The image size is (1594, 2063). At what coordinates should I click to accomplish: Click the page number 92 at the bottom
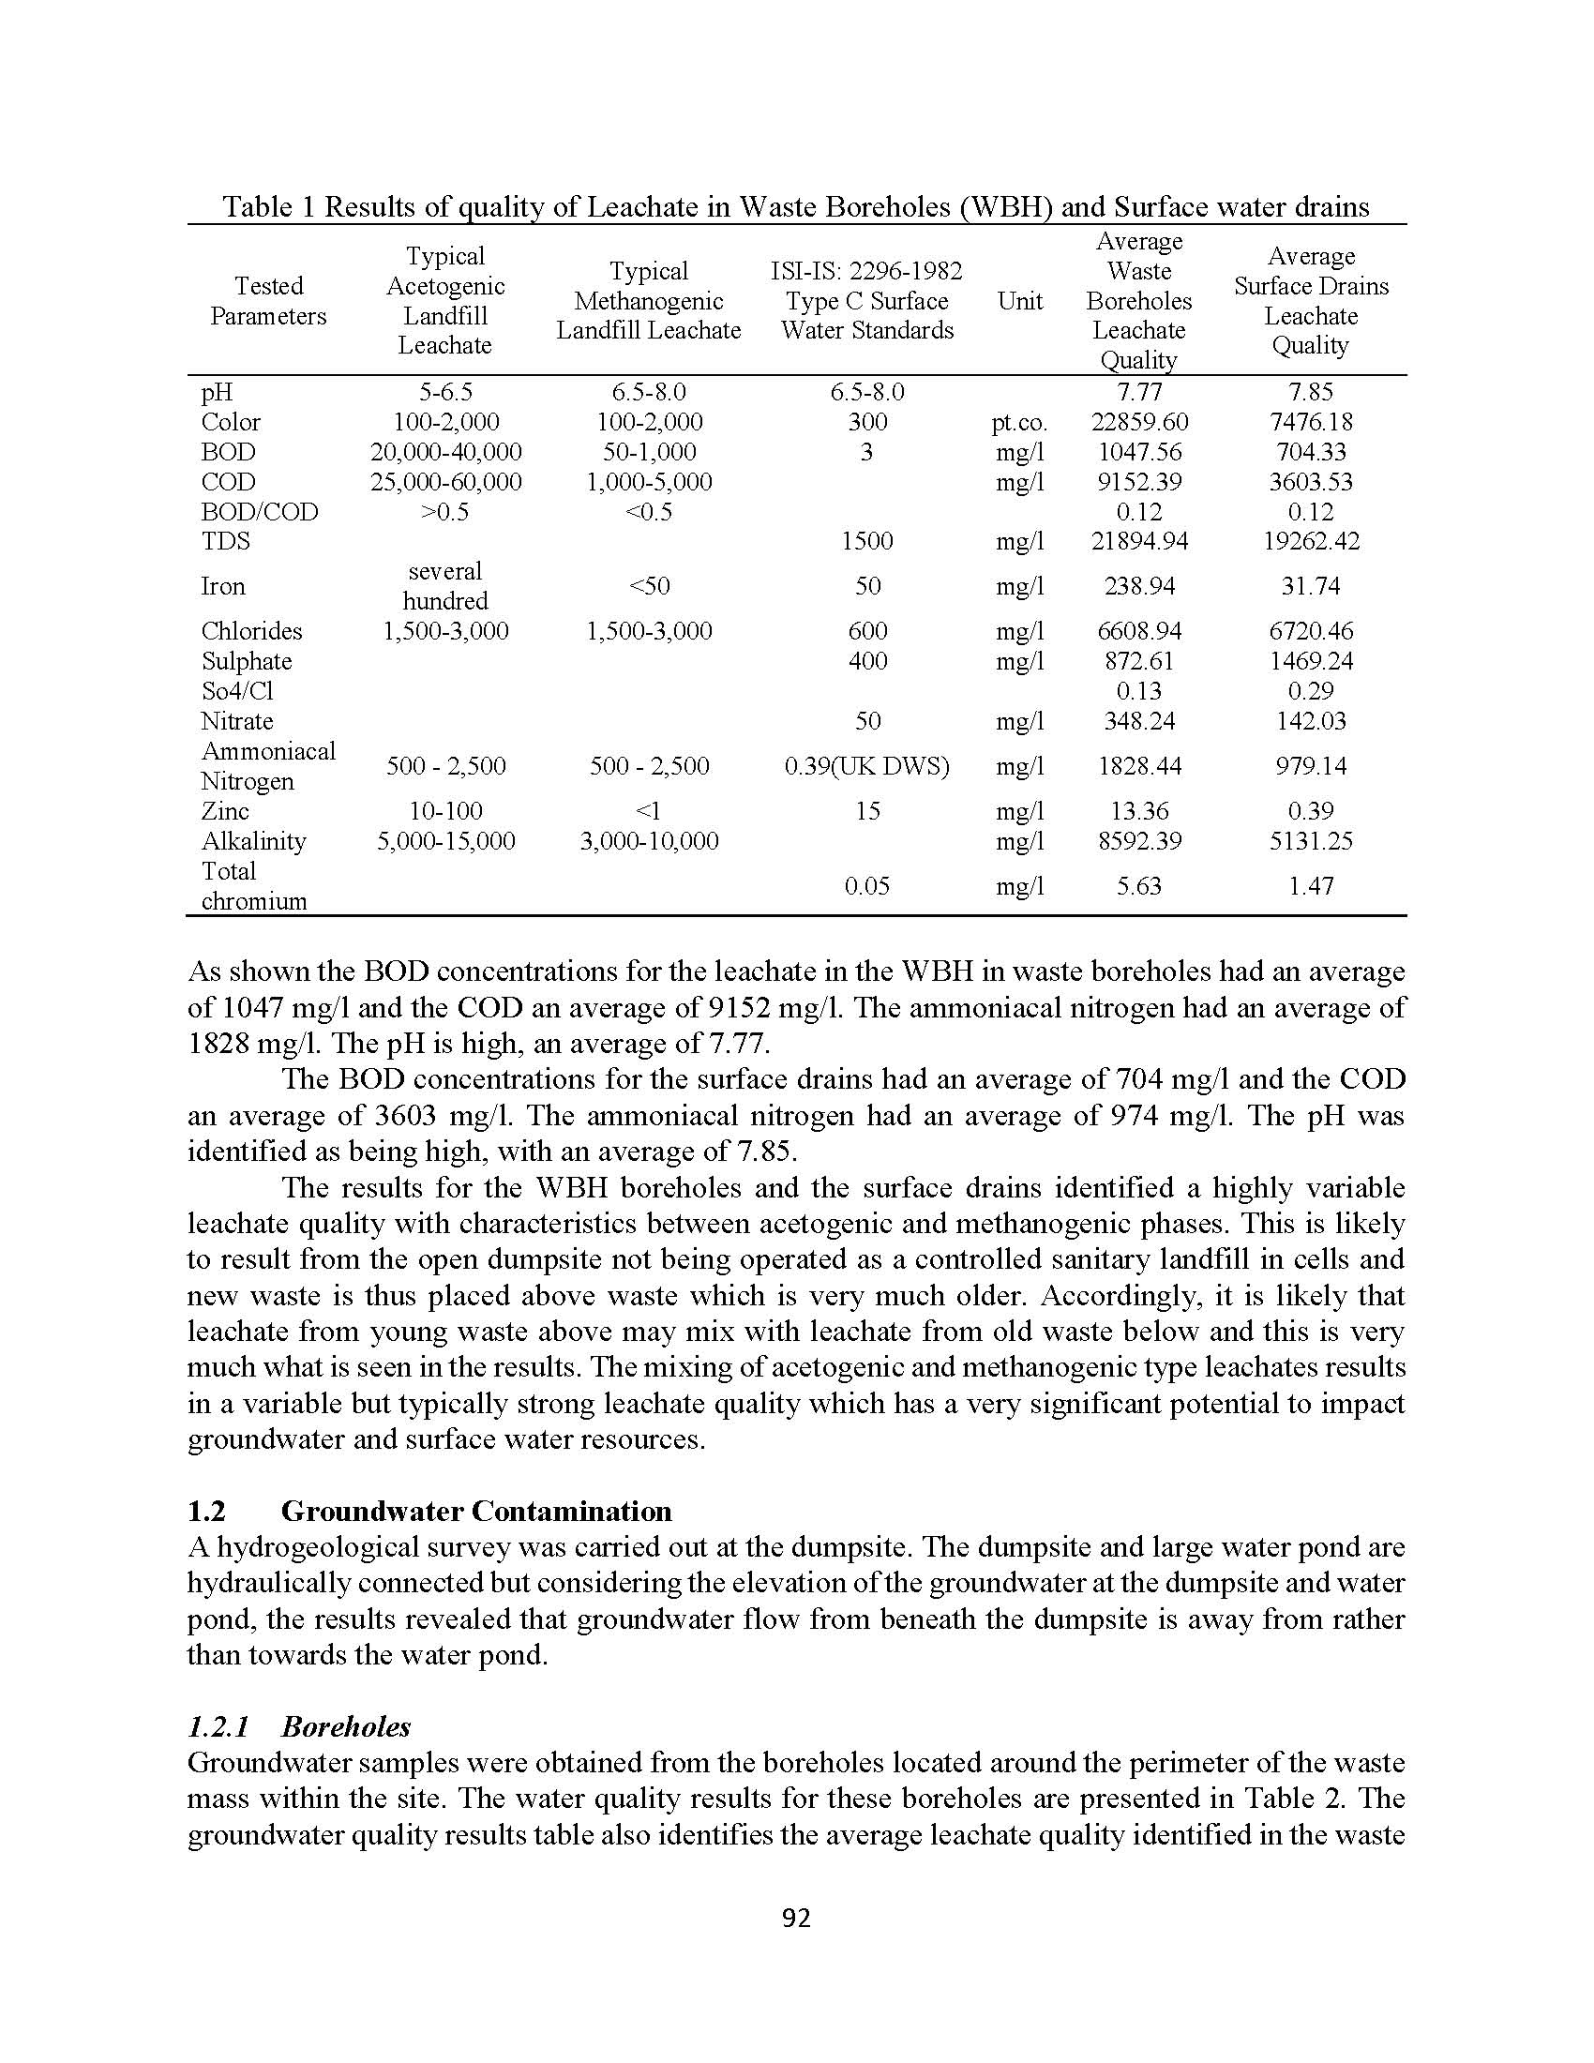pos(796,1918)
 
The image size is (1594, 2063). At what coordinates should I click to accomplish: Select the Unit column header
pos(1020,301)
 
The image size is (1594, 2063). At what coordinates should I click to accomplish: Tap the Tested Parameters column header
pos(268,301)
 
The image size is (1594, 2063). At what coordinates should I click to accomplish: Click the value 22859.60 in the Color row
pos(1139,422)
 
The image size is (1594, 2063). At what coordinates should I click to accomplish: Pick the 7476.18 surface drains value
pos(1311,422)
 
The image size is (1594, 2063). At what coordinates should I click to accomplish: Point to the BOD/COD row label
pos(260,512)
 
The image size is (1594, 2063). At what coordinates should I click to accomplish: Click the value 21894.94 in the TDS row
pos(1139,541)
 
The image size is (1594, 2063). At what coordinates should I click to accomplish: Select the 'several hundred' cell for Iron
pos(445,586)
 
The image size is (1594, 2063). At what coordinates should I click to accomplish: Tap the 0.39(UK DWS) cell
pos(867,766)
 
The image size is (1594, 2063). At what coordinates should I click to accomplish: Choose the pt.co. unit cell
pos(1020,423)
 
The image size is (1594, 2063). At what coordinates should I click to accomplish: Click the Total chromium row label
pos(254,886)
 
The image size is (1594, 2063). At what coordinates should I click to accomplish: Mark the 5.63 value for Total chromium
pos(1139,886)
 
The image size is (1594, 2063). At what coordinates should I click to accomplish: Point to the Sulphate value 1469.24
pos(1311,661)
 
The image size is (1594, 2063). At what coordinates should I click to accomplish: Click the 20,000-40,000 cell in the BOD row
pos(445,453)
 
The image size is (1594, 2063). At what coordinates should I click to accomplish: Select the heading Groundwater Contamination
pos(476,1512)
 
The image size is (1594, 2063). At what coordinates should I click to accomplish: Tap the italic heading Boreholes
pos(346,1726)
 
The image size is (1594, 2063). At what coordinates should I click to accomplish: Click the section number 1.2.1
pos(218,1726)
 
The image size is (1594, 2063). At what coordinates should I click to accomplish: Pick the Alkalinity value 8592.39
pos(1139,841)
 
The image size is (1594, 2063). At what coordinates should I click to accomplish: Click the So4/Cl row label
pos(237,691)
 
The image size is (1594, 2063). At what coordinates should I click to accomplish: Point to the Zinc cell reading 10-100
pos(445,811)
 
